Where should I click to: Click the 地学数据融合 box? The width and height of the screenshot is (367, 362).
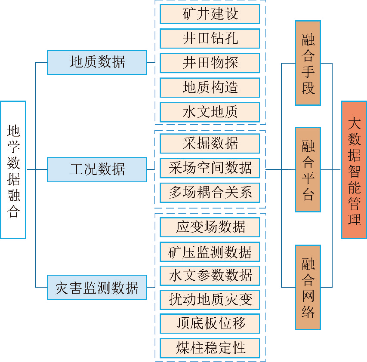point(13,170)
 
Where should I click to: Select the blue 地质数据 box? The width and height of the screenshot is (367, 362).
point(97,62)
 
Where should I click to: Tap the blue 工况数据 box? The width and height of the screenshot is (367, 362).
point(97,169)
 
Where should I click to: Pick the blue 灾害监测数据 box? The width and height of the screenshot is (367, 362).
point(97,287)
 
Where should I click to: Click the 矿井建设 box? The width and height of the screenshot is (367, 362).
point(210,14)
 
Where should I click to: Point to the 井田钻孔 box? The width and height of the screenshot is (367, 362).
point(210,38)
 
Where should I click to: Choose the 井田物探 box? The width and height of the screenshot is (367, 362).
point(210,63)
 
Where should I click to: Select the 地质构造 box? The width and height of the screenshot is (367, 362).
point(210,88)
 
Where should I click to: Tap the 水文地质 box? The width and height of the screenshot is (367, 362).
point(210,112)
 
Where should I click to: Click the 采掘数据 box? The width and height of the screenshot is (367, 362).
point(210,143)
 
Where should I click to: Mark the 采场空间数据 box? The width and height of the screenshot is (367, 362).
point(210,168)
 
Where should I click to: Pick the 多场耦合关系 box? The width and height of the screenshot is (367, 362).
point(210,192)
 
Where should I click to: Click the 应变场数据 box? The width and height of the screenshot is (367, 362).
point(210,227)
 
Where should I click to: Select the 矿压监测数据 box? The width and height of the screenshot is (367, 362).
point(210,252)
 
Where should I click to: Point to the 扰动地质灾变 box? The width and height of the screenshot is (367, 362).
point(210,299)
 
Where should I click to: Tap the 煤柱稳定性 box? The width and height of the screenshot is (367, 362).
point(210,348)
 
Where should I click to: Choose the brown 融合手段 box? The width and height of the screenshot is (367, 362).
point(308,63)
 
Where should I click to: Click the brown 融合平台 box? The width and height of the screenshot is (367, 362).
point(308,169)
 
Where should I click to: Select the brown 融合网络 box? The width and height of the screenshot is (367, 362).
point(308,287)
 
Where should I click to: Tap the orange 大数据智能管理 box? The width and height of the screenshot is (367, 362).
point(354,170)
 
